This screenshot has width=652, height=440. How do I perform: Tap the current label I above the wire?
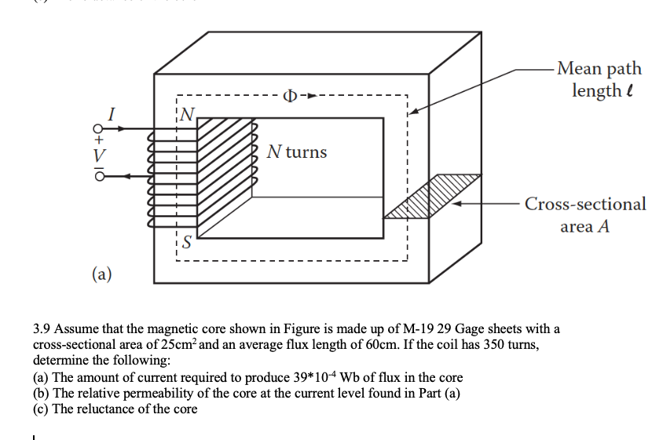point(112,115)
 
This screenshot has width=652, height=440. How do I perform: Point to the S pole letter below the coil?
point(187,241)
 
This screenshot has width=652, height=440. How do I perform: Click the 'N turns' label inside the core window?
point(296,152)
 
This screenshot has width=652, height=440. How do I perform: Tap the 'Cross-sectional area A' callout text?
point(585,214)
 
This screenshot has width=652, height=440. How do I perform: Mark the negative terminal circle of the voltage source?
point(99,178)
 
